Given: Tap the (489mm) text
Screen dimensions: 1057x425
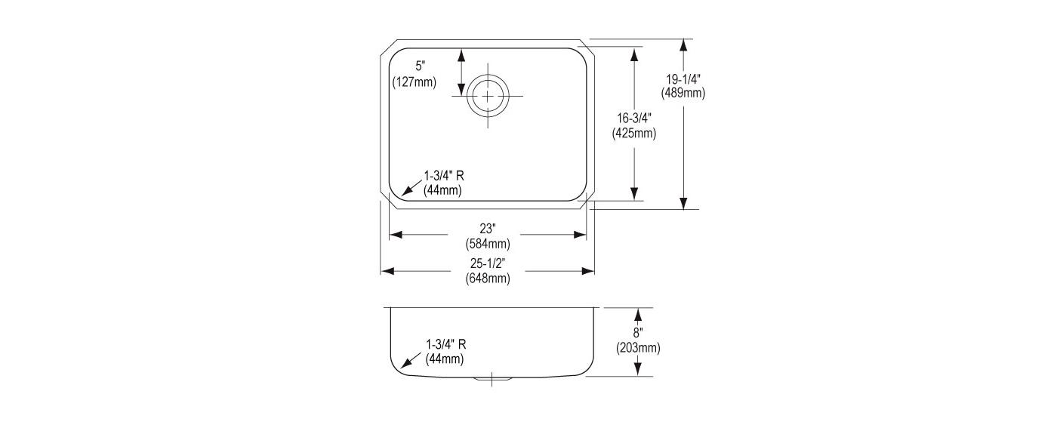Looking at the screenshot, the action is tap(683, 93).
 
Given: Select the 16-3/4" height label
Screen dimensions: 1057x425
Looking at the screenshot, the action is tap(634, 119).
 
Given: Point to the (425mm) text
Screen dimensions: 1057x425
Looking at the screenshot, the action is tap(634, 134).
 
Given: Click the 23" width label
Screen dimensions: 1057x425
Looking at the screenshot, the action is tap(488, 229).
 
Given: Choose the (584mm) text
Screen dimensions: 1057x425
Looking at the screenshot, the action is tap(488, 244).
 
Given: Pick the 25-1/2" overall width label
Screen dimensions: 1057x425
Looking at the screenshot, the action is tap(488, 263).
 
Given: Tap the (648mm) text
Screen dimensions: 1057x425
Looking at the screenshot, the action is tap(488, 279).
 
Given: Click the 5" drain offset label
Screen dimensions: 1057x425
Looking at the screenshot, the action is tap(420, 66).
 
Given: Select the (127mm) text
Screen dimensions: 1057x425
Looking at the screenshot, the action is tap(414, 82).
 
